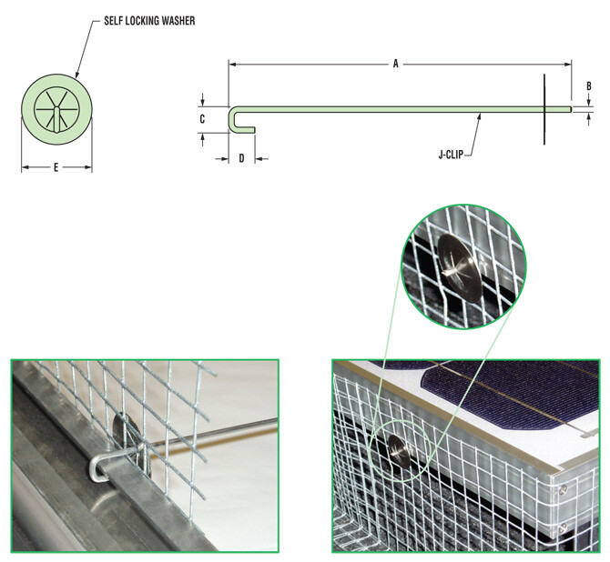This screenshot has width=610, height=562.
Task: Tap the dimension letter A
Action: coord(395,64)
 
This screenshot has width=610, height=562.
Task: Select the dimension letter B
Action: coord(589,86)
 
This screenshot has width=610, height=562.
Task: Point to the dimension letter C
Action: coord(203,118)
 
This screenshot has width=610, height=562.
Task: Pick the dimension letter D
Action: coord(241,158)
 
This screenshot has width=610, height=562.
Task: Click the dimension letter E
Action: coord(56,167)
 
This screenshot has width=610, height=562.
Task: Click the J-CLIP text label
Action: coord(453,155)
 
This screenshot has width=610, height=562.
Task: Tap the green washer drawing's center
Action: coord(56,111)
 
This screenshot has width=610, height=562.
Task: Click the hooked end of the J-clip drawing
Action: coord(235,118)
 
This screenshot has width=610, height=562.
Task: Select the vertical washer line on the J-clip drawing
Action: coord(544,109)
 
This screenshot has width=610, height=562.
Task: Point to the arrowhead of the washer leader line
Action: coord(76,75)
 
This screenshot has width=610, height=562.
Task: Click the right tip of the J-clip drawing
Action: coord(570,109)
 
